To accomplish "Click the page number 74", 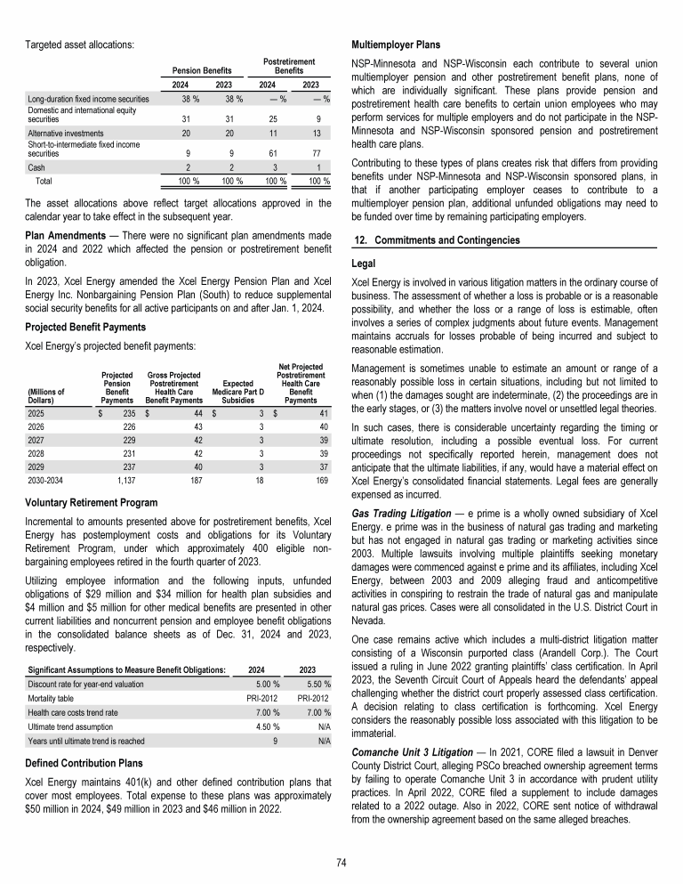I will pos(341,862).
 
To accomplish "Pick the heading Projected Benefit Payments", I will pos(84,326).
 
